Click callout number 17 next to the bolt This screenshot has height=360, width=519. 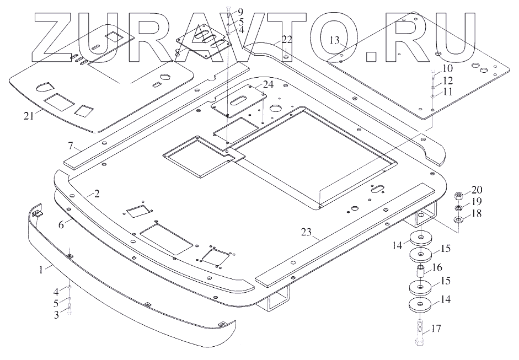point(436,329)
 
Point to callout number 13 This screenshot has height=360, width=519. point(333,40)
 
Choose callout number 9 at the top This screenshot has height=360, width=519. point(239,12)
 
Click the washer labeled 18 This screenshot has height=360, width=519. point(459,221)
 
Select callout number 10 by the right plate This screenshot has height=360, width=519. point(447,69)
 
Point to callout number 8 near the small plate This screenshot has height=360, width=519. point(178,53)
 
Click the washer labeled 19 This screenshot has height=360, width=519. point(458,208)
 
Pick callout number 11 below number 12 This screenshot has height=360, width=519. point(447,92)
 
